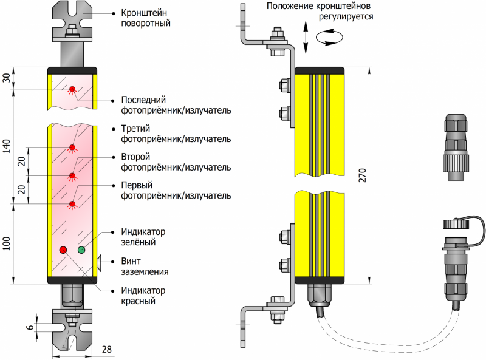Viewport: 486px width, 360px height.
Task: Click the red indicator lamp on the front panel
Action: click(x=63, y=250)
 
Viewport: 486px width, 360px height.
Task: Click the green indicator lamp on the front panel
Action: click(x=81, y=250)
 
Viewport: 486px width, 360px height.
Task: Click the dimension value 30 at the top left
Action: click(x=7, y=80)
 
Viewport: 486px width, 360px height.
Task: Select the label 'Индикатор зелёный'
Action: click(x=143, y=237)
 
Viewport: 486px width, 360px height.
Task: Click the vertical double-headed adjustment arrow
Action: click(x=305, y=38)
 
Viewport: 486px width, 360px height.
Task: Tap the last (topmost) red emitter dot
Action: click(x=72, y=90)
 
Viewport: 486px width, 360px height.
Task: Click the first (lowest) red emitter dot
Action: click(x=72, y=204)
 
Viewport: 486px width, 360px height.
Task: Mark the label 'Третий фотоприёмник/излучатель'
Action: click(x=176, y=134)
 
